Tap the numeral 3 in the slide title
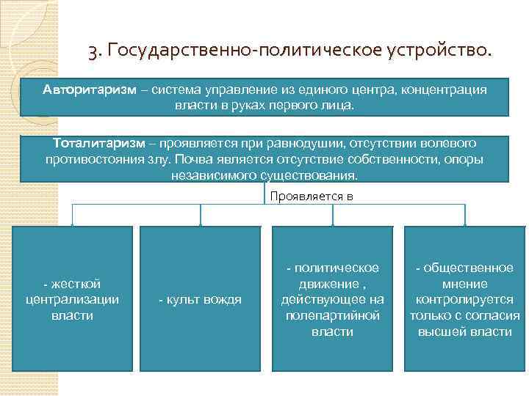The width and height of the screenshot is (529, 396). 93,52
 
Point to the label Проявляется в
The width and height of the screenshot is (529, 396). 312,196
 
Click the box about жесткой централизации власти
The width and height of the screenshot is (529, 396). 72,299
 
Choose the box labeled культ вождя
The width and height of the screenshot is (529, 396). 200,299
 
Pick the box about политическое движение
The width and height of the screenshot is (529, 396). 333,299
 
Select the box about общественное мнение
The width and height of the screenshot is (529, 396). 464,299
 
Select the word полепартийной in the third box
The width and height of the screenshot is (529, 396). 333,315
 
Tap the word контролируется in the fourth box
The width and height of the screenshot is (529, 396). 464,299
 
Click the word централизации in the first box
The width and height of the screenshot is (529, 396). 72,299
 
